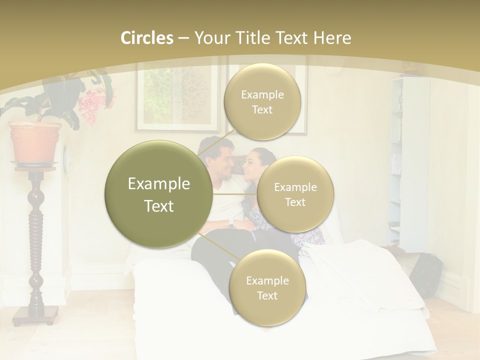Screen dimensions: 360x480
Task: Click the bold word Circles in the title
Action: click(147, 38)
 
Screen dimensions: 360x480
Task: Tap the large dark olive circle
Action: click(158, 194)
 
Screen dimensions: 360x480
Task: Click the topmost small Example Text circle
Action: click(261, 102)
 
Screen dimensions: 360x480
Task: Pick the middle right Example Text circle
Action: click(295, 194)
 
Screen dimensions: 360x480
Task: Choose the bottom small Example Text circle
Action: click(267, 288)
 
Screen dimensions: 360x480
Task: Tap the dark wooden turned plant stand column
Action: click(35, 235)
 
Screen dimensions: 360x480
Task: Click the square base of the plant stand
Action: click(35, 314)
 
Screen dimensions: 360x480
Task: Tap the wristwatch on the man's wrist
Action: click(230, 223)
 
